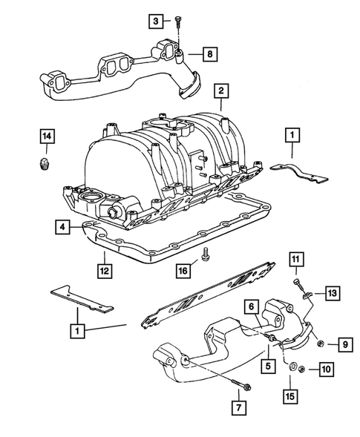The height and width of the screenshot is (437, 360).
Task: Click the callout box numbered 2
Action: coord(220,91)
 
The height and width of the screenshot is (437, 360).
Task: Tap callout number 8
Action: coord(211,54)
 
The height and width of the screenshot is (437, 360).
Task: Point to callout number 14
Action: coord(46,136)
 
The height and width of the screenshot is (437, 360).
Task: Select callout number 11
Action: coord(295,259)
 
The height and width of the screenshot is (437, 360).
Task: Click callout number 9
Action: coord(344,343)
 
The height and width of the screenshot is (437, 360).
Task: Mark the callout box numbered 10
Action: coord(326,369)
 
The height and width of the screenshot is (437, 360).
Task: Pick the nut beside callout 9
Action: coord(318,343)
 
